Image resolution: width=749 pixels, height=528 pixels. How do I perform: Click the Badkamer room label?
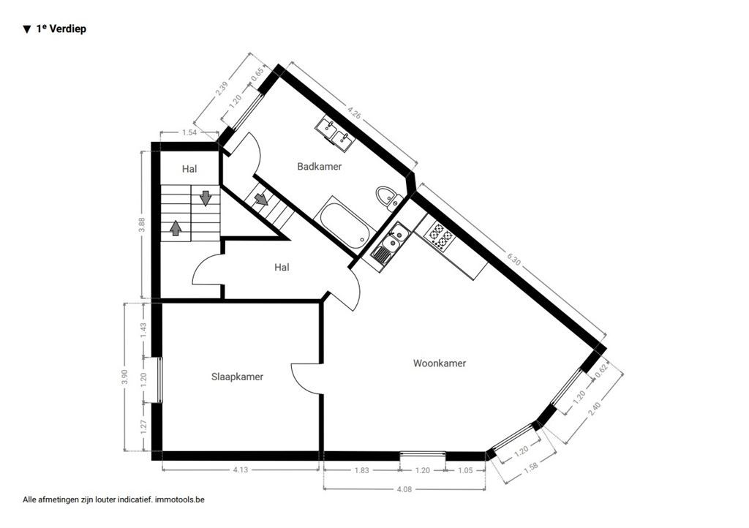319,167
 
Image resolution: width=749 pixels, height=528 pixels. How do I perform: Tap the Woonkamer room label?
439,363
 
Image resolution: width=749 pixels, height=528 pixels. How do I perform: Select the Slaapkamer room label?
237,377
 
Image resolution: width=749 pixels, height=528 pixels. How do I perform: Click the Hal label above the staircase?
189,169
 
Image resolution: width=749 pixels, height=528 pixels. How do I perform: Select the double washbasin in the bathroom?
335,134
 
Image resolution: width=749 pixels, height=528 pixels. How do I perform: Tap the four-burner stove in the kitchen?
440,235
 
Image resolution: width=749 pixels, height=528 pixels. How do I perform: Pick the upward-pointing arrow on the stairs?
176,227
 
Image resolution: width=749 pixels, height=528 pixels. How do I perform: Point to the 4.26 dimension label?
354,113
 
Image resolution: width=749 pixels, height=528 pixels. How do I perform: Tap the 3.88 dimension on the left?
142,225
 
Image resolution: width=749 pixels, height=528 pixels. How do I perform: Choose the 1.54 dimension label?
189,132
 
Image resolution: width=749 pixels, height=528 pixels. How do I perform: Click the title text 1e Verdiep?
61,30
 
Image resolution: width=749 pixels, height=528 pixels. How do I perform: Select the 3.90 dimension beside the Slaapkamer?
125,377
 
